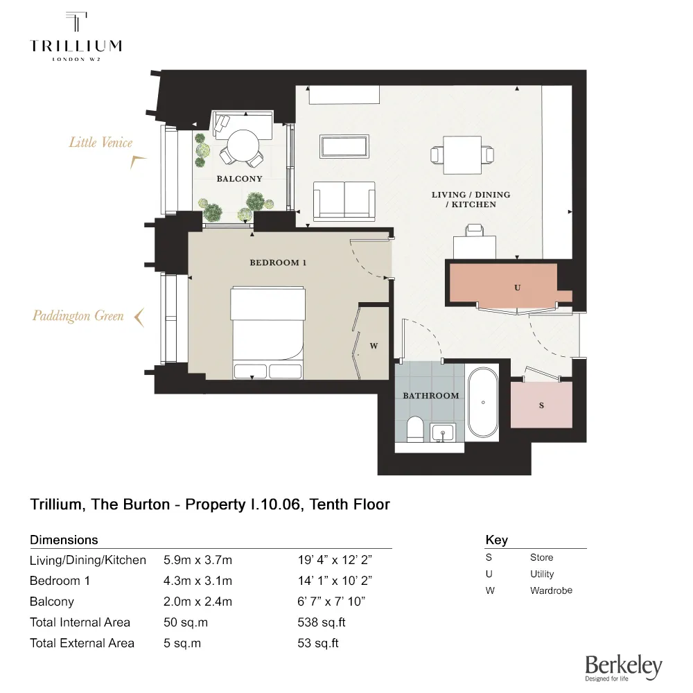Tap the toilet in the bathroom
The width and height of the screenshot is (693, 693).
[x=415, y=429]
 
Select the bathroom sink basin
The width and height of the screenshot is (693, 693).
[x=442, y=432]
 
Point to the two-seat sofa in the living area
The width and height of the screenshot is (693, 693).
[x=344, y=201]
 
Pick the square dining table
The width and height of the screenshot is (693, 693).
[x=462, y=155]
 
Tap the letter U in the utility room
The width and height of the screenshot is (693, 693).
[x=517, y=288]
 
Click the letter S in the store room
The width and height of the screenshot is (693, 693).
[x=541, y=405]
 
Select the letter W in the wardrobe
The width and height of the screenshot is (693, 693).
[x=374, y=346]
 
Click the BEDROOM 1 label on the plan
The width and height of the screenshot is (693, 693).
[x=278, y=263]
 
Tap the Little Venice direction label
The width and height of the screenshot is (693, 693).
[x=100, y=142]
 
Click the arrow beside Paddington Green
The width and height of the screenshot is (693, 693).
[x=140, y=317]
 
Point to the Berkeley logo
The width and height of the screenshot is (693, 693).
[x=624, y=667]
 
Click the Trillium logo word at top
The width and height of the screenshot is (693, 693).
[x=76, y=46]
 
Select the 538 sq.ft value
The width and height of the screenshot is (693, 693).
[x=322, y=622]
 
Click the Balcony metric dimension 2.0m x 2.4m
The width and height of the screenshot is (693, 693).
[x=198, y=602]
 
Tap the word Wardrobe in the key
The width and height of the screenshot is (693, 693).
[x=551, y=590]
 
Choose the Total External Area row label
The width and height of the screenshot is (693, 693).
[x=82, y=643]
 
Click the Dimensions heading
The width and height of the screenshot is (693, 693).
[x=64, y=540]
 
